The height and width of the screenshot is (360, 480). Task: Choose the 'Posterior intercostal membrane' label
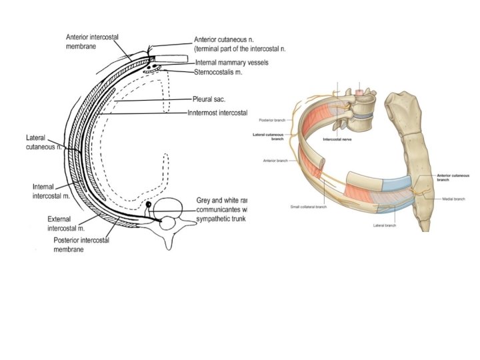[81, 244]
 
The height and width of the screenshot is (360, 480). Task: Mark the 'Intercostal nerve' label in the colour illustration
[337, 141]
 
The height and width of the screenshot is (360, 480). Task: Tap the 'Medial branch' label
[452, 199]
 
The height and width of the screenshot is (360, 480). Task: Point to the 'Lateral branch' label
[385, 225]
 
